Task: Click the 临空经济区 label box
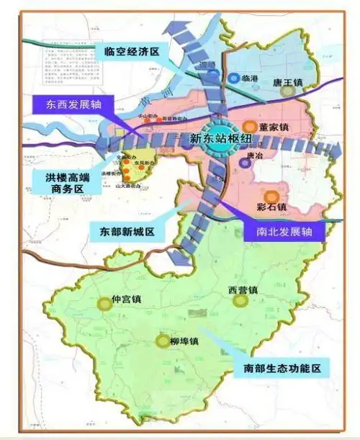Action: [x=131, y=51]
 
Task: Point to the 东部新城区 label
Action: [x=127, y=232]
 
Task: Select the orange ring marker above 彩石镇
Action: [x=271, y=196]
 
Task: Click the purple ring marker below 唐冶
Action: [x=246, y=163]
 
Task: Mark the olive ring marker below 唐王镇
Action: [x=287, y=91]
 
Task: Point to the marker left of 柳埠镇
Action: [x=162, y=341]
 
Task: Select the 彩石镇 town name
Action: [x=271, y=207]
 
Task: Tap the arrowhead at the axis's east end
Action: [x=335, y=151]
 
